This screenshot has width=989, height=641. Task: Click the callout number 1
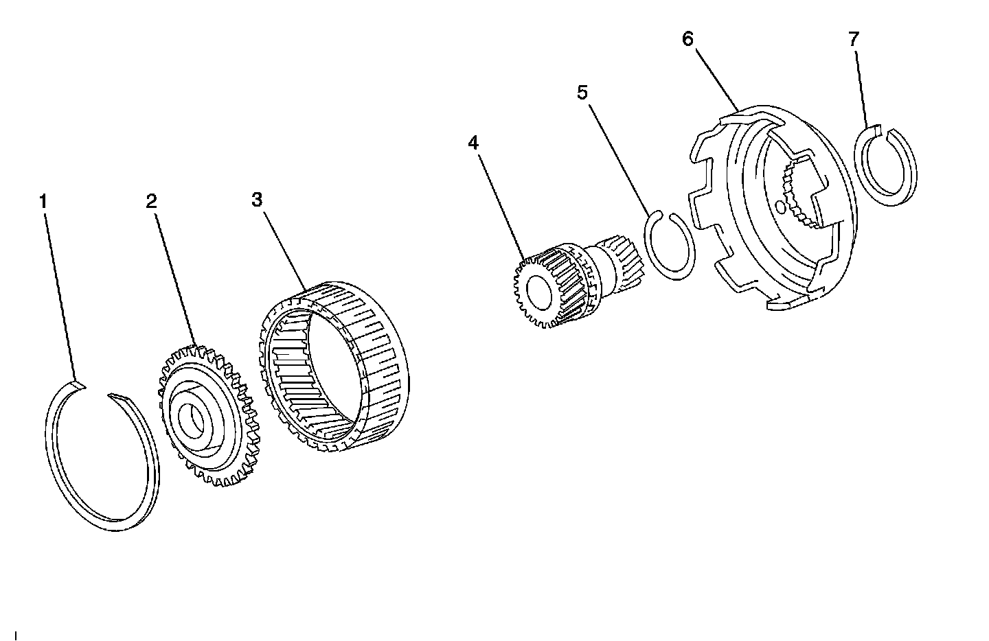tap(43, 202)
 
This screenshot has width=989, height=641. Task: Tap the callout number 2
tap(151, 201)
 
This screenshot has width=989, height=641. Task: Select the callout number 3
tap(257, 200)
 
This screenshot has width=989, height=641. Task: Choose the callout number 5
tap(582, 92)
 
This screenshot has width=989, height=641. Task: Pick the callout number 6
tap(687, 38)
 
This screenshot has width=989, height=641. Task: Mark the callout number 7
tap(853, 39)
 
